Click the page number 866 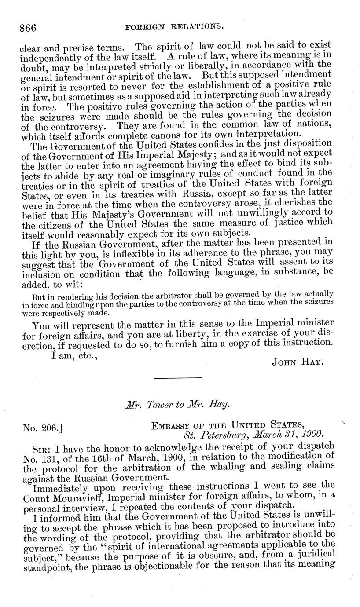27,28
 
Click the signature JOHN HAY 298,362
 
